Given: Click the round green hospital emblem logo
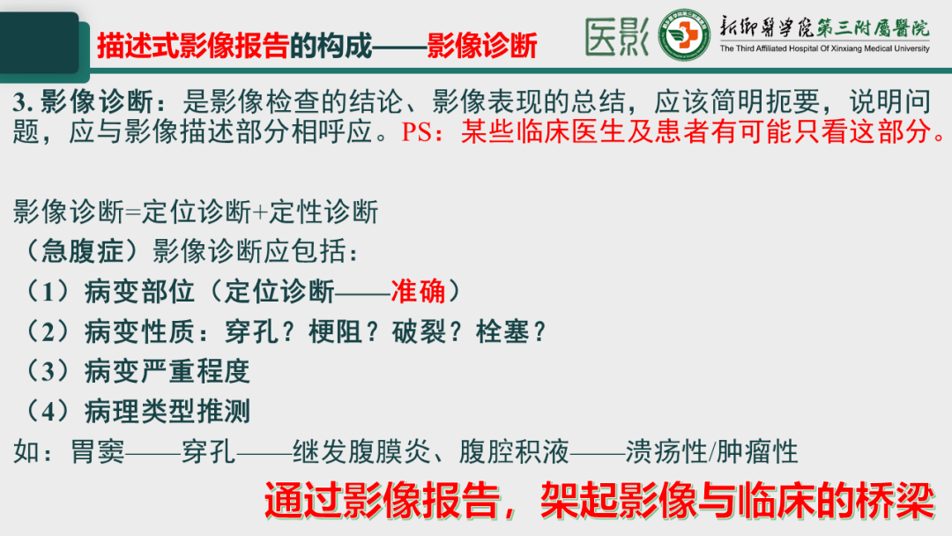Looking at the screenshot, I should [x=685, y=36].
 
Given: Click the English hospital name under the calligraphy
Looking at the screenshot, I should [x=824, y=49].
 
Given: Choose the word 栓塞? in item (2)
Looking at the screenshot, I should [x=511, y=331].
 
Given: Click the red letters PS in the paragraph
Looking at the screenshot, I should [x=418, y=134].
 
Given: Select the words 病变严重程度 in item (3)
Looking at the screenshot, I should [x=167, y=371].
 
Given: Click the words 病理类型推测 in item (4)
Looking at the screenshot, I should [x=167, y=411].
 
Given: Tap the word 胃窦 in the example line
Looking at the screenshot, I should [x=98, y=452].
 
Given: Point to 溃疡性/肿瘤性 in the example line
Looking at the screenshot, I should [x=711, y=452].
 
